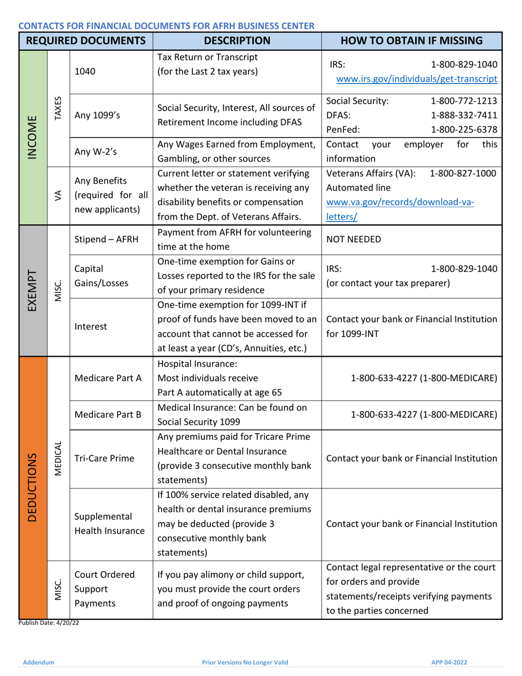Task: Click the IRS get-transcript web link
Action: coord(417,79)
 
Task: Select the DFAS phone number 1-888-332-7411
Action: coord(464,115)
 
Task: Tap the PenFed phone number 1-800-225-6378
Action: coord(464,130)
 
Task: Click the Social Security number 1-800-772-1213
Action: coord(464,101)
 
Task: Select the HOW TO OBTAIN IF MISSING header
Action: coord(412,40)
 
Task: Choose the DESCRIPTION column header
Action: coord(237,40)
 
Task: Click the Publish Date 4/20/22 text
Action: coord(46,623)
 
